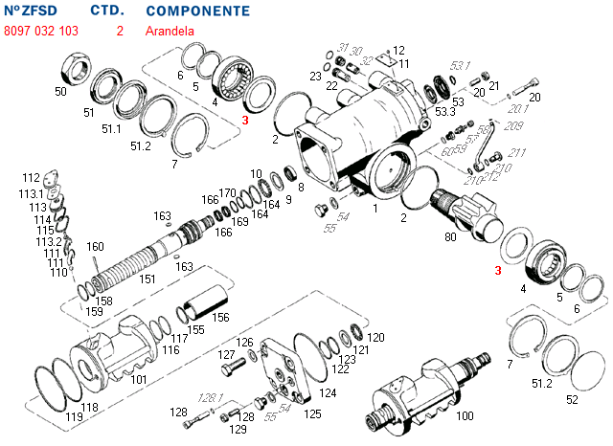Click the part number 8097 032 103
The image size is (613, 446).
pyautogui.click(x=41, y=31)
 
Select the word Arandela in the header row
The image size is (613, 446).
pyautogui.click(x=170, y=31)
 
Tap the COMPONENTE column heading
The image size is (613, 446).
pyautogui.click(x=198, y=11)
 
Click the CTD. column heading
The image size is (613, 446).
pyautogui.click(x=107, y=11)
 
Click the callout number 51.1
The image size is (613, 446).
pyautogui.click(x=111, y=128)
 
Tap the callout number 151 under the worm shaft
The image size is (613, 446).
pyautogui.click(x=148, y=279)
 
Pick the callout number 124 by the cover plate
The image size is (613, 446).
pyautogui.click(x=328, y=392)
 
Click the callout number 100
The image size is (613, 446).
pyautogui.click(x=465, y=416)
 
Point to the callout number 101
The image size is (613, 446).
pyautogui.click(x=138, y=380)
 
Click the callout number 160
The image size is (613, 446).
pyautogui.click(x=95, y=247)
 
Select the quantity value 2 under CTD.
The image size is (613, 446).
pyautogui.click(x=120, y=31)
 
